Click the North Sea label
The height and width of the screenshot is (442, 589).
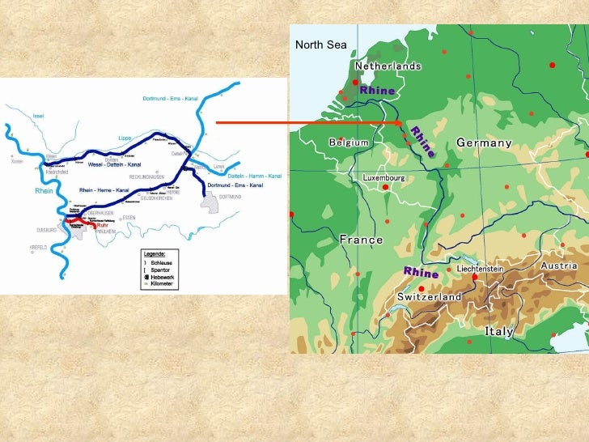pyautogui.click(x=321, y=45)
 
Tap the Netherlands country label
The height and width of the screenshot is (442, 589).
pyautogui.click(x=388, y=66)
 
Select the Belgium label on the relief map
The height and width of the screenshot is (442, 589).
pyautogui.click(x=349, y=142)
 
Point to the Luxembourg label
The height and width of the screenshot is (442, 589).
pyautogui.click(x=383, y=177)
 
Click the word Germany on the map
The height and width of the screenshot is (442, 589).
pyautogui.click(x=484, y=142)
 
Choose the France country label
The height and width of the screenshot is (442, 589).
pyautogui.click(x=361, y=240)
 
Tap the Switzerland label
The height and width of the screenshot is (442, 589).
pyautogui.click(x=429, y=297)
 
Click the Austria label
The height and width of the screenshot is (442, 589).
pyautogui.click(x=558, y=266)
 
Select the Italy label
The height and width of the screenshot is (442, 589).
pyautogui.click(x=499, y=331)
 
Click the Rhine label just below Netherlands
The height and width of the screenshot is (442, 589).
pyautogui.click(x=377, y=90)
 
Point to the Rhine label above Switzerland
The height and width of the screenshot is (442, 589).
pyautogui.click(x=421, y=272)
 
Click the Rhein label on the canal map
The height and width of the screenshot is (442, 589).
pyautogui.click(x=43, y=191)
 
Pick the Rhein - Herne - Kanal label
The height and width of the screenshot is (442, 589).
pyautogui.click(x=104, y=190)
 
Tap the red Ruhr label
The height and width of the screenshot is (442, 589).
pyautogui.click(x=102, y=226)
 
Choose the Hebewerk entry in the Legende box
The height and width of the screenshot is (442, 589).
pyautogui.click(x=163, y=277)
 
